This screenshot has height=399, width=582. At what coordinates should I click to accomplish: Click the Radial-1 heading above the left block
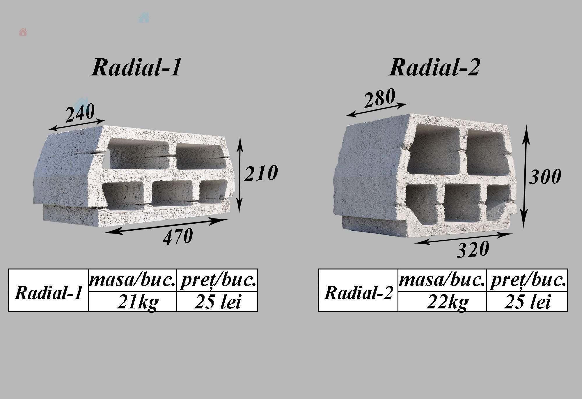[136, 67]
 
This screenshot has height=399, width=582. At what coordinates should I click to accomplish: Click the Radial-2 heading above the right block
[434, 67]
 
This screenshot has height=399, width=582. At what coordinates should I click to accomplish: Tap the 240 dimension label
[80, 113]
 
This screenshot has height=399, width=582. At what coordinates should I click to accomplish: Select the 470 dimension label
[178, 236]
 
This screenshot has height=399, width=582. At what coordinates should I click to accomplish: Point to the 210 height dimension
[261, 173]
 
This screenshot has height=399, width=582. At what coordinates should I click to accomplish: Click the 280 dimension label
[380, 98]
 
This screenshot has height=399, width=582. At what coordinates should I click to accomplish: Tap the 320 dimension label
[473, 249]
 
